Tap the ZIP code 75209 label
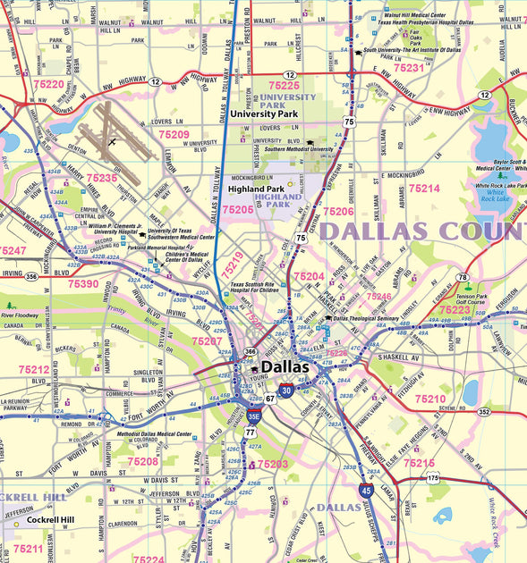coord(174,134)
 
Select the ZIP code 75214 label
coord(423,189)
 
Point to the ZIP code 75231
coord(409,67)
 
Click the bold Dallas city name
coord(285,366)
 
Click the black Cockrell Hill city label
coord(50,519)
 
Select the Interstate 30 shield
coord(285,390)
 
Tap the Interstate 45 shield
coord(367,490)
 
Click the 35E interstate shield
coord(253,415)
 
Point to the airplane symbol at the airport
coord(112,141)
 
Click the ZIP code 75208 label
coord(142,461)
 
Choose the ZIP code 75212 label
coord(34,368)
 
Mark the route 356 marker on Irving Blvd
coord(31,277)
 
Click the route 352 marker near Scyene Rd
coord(484,411)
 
